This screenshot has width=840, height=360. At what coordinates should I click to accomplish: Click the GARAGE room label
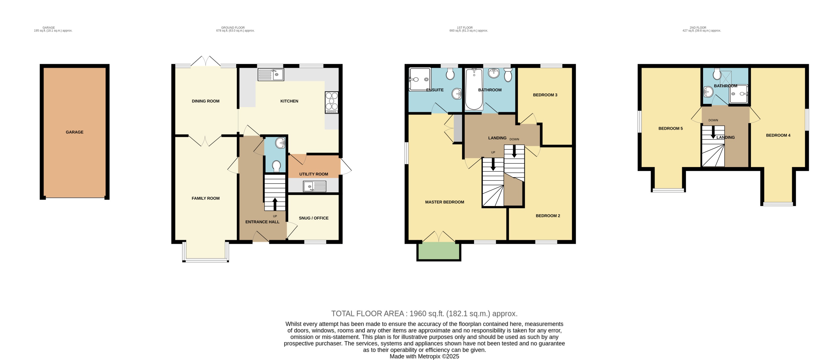point(74,132)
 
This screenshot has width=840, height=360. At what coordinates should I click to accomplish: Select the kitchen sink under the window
point(271,75)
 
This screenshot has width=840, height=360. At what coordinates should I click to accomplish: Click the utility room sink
point(314,186)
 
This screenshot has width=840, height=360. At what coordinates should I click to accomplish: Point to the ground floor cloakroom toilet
point(276,166)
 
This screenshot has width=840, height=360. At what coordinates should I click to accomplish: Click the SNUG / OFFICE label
point(313,218)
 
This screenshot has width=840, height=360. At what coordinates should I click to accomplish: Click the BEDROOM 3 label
point(545,95)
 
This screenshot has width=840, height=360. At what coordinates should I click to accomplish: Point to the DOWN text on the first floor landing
point(514,139)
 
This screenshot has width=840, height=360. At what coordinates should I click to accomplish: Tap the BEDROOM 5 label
point(670,128)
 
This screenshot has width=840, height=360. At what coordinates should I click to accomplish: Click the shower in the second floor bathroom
point(738,94)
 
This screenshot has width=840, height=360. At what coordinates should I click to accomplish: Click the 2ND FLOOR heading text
point(698,28)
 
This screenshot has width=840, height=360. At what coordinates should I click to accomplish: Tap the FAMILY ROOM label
point(205,198)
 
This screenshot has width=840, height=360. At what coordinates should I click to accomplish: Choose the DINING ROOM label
point(205,101)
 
